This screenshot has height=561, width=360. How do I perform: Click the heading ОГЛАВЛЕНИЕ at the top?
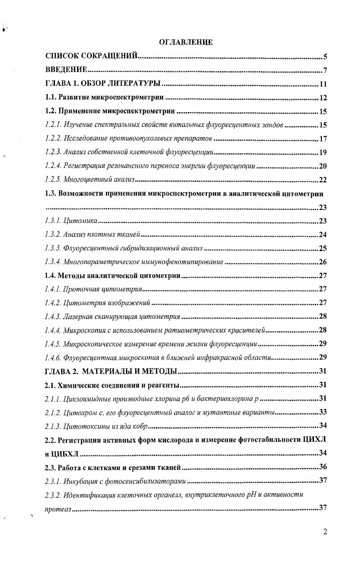(x=186, y=42)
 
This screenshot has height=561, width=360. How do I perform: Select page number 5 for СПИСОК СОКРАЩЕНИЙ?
(x=325, y=57)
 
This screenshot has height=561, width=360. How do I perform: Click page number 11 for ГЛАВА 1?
(x=323, y=84)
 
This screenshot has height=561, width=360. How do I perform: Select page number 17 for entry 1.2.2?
(x=323, y=139)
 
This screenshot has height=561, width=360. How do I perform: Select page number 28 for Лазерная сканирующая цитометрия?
(x=323, y=317)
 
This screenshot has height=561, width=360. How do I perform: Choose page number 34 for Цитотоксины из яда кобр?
(x=323, y=425)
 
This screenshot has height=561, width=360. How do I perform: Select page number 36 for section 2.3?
(x=323, y=467)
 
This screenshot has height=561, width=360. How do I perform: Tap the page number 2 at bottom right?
(x=325, y=531)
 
